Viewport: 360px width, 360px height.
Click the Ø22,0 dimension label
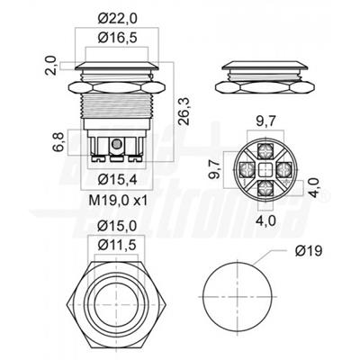tap(117, 19)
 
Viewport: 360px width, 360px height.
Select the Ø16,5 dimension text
tap(117, 38)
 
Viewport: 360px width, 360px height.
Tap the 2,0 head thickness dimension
tap(51, 65)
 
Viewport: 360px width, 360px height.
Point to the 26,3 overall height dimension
tap(184, 111)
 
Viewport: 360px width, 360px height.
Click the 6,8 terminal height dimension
tap(59, 141)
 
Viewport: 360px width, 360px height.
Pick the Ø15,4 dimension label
tap(117, 180)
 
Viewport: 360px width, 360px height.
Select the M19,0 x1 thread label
tap(118, 201)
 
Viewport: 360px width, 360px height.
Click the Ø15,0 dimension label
tap(117, 226)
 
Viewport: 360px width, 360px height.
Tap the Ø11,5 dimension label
tap(117, 246)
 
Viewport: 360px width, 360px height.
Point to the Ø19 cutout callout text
tap(309, 251)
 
